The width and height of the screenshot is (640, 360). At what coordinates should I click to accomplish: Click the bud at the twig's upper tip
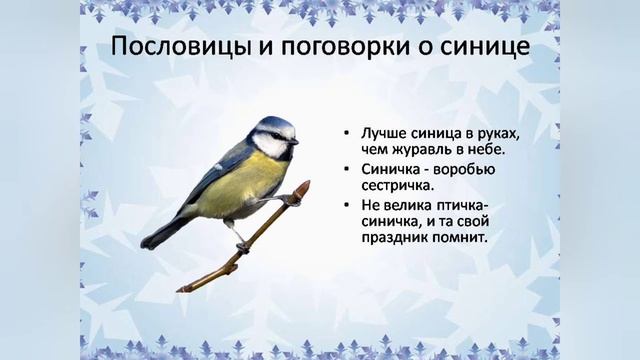(x=304, y=186)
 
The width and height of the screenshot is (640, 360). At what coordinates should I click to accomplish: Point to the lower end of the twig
(x=181, y=289)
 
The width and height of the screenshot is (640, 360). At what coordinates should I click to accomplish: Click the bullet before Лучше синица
(x=344, y=134)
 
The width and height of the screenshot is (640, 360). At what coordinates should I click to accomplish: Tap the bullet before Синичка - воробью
(x=344, y=169)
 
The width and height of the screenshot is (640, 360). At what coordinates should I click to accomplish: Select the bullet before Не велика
(x=344, y=204)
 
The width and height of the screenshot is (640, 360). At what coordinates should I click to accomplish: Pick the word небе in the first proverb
(x=483, y=151)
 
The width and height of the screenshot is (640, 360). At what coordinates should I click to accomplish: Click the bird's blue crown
(x=274, y=124)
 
